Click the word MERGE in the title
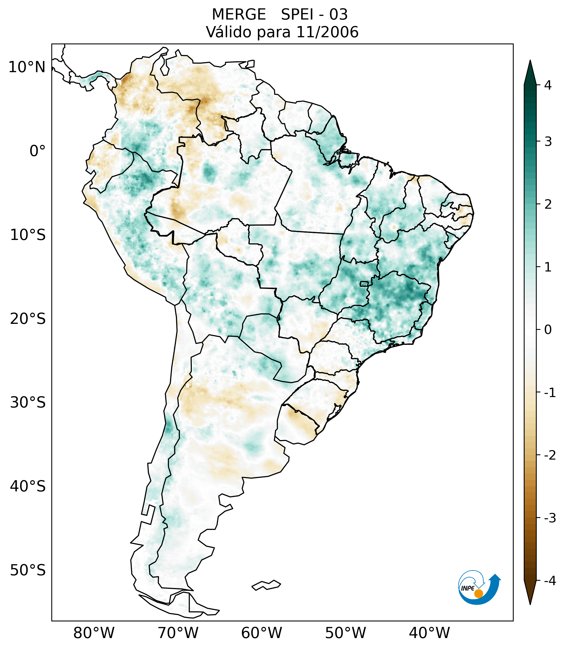point(238,15)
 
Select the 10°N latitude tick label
point(27,67)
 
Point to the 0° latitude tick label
point(37,151)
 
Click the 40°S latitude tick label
point(28,486)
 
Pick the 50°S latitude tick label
point(28,570)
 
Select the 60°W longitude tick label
point(261,633)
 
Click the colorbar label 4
point(548,85)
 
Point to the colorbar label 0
point(548,330)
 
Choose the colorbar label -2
point(550,455)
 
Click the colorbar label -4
point(550,581)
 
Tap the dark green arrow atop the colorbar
point(530,72)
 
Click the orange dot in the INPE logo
point(478,594)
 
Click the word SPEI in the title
point(297,15)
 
